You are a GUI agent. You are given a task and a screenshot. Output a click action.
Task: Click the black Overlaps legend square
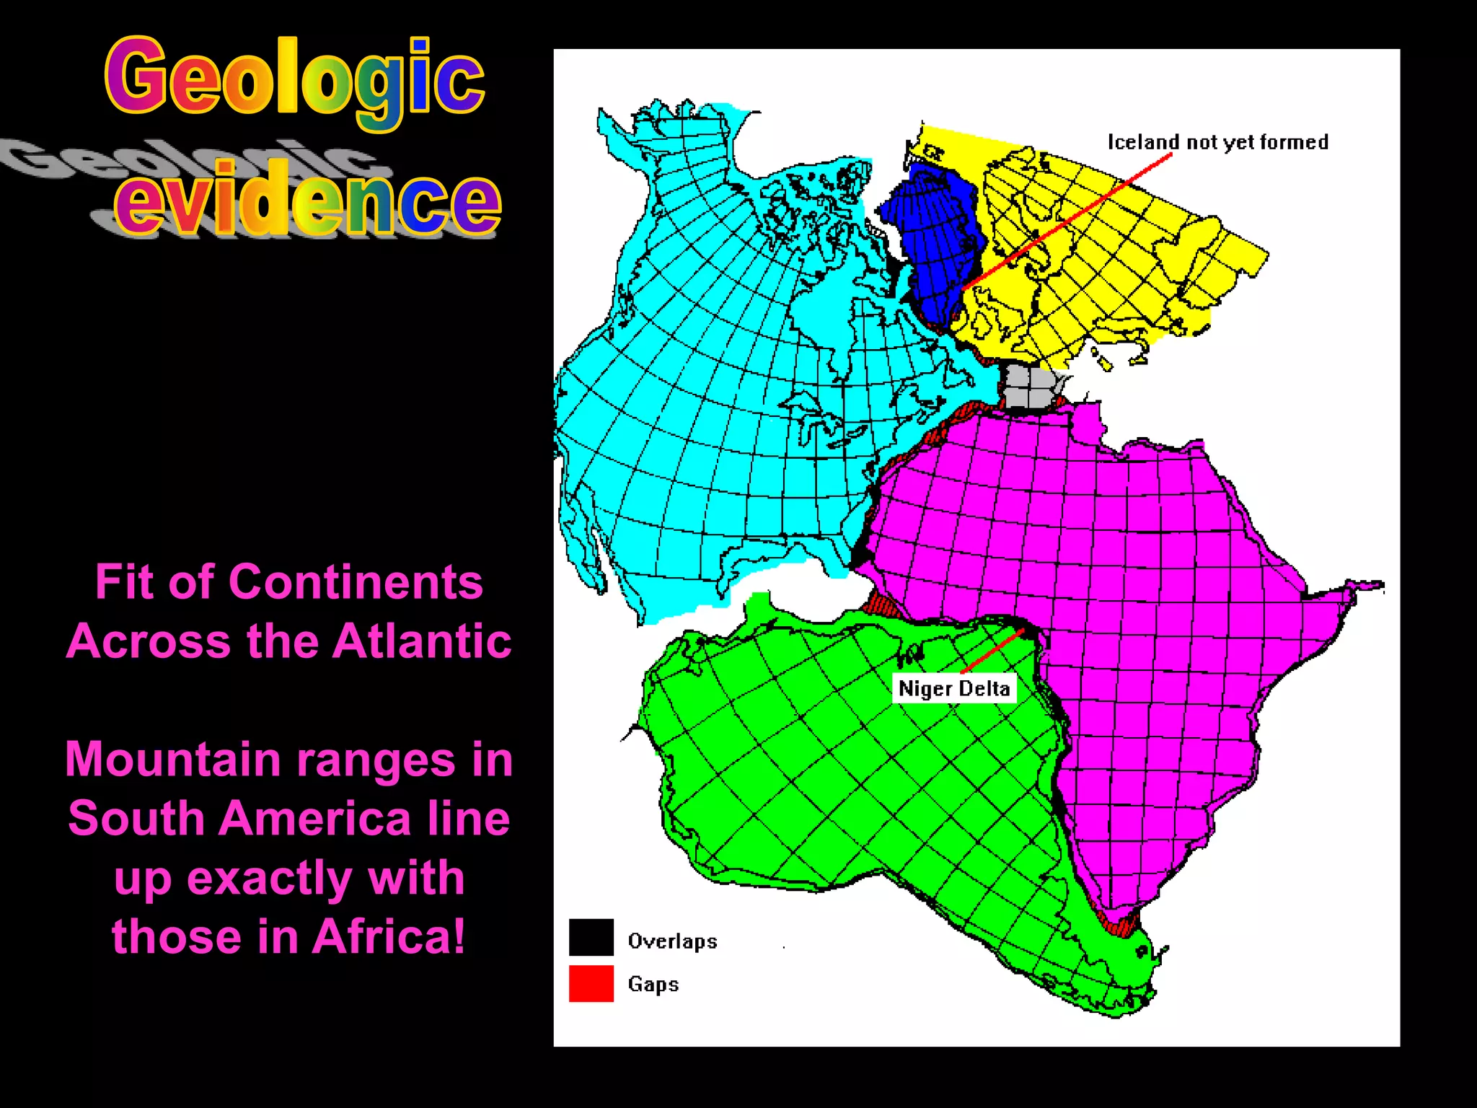click(x=591, y=936)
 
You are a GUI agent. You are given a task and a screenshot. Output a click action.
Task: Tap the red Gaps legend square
click(x=591, y=983)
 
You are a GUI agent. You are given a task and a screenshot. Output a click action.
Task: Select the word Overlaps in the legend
click(x=672, y=941)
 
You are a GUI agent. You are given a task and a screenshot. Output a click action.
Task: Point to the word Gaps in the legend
click(x=653, y=984)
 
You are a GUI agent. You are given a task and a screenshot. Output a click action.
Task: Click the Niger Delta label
click(x=953, y=688)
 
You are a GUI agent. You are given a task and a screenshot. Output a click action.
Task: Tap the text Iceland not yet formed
click(x=1217, y=142)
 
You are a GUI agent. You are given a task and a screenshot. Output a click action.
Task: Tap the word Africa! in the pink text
click(x=389, y=936)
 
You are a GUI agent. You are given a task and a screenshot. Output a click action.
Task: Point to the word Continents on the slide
click(x=356, y=581)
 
